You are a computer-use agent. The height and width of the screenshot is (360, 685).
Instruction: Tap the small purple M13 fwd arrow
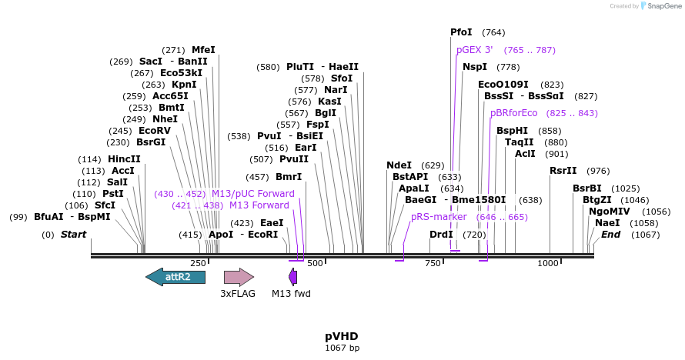[292, 277]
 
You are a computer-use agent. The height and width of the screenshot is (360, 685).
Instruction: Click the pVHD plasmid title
[342, 336]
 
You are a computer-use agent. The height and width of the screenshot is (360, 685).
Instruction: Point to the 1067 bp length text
[342, 348]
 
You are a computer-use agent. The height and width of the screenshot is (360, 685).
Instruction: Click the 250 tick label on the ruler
[198, 264]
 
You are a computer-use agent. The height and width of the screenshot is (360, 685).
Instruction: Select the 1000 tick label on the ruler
[548, 264]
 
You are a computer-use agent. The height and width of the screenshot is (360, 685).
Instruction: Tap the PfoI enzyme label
[461, 32]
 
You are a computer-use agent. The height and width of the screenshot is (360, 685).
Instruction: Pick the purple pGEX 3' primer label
[474, 50]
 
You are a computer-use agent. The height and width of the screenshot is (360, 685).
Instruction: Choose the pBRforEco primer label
[513, 113]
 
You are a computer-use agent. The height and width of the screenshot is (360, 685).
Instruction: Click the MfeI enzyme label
[203, 50]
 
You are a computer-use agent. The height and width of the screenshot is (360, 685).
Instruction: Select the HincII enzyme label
[124, 159]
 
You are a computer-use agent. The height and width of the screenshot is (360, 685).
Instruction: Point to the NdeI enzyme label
[399, 165]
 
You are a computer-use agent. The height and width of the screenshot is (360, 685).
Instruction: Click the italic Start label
[73, 234]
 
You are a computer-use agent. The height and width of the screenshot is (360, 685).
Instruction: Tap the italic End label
[610, 234]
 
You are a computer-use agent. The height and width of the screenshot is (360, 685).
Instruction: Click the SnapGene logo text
[661, 6]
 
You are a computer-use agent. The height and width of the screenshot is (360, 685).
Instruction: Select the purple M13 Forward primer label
[259, 205]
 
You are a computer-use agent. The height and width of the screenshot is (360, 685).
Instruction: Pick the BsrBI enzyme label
[586, 188]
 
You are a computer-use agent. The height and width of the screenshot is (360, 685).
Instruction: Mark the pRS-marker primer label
[439, 217]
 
